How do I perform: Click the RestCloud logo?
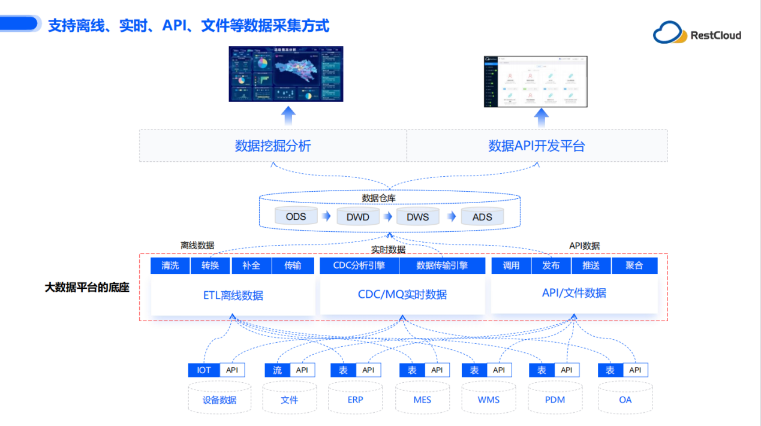tap(697, 34)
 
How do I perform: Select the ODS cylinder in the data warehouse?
tap(296, 216)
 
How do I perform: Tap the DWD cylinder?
tap(358, 217)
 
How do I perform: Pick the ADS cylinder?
tap(482, 217)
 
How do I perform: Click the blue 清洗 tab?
tap(170, 265)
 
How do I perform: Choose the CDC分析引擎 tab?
tap(359, 265)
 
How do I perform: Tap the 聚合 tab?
tap(634, 265)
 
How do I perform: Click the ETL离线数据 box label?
tap(233, 295)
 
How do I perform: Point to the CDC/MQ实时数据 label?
tap(402, 294)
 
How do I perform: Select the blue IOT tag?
tap(204, 370)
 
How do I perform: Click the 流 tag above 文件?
tap(278, 370)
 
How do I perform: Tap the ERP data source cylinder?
tap(356, 399)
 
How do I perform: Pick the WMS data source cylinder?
tap(489, 399)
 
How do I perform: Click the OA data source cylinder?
tap(625, 399)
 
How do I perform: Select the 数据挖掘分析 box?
tap(273, 146)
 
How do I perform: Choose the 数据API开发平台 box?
tap(537, 146)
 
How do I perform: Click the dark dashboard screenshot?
tap(287, 74)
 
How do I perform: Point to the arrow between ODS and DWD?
tap(326, 216)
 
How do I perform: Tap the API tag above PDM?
tap(567, 370)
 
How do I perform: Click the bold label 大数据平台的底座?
tap(87, 288)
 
